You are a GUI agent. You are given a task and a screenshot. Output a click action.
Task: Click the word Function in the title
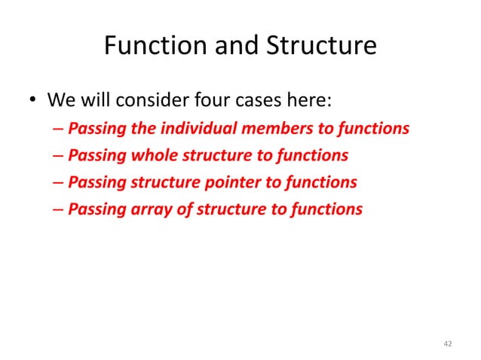[x=152, y=47]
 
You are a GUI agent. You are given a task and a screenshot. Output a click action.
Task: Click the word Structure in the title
[x=320, y=47]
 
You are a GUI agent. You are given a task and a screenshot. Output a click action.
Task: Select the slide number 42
[x=448, y=344]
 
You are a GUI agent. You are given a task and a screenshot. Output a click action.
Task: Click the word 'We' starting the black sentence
[x=60, y=100]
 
